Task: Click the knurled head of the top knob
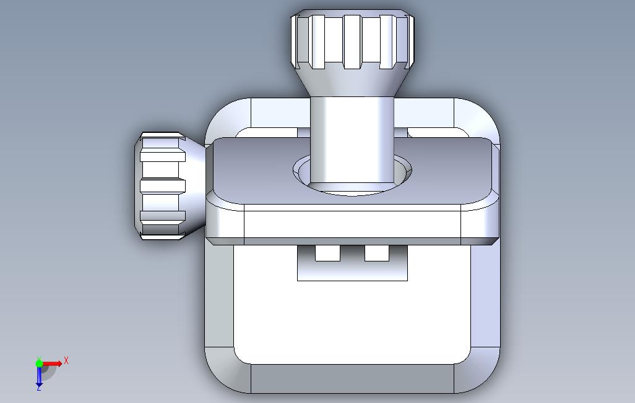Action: (x=352, y=39)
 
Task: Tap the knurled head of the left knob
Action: (x=161, y=186)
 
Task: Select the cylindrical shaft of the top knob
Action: (x=352, y=142)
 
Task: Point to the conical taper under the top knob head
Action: (x=352, y=83)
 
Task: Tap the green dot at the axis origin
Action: (x=39, y=363)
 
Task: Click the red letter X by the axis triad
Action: (x=66, y=360)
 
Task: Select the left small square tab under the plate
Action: (x=327, y=253)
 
